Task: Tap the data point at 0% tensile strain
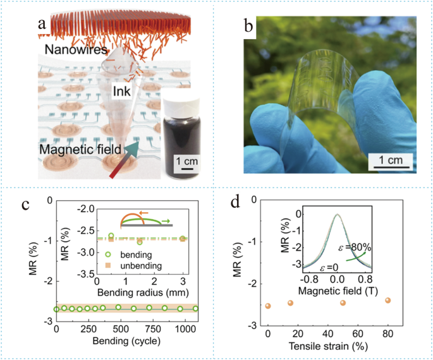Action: point(268,306)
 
